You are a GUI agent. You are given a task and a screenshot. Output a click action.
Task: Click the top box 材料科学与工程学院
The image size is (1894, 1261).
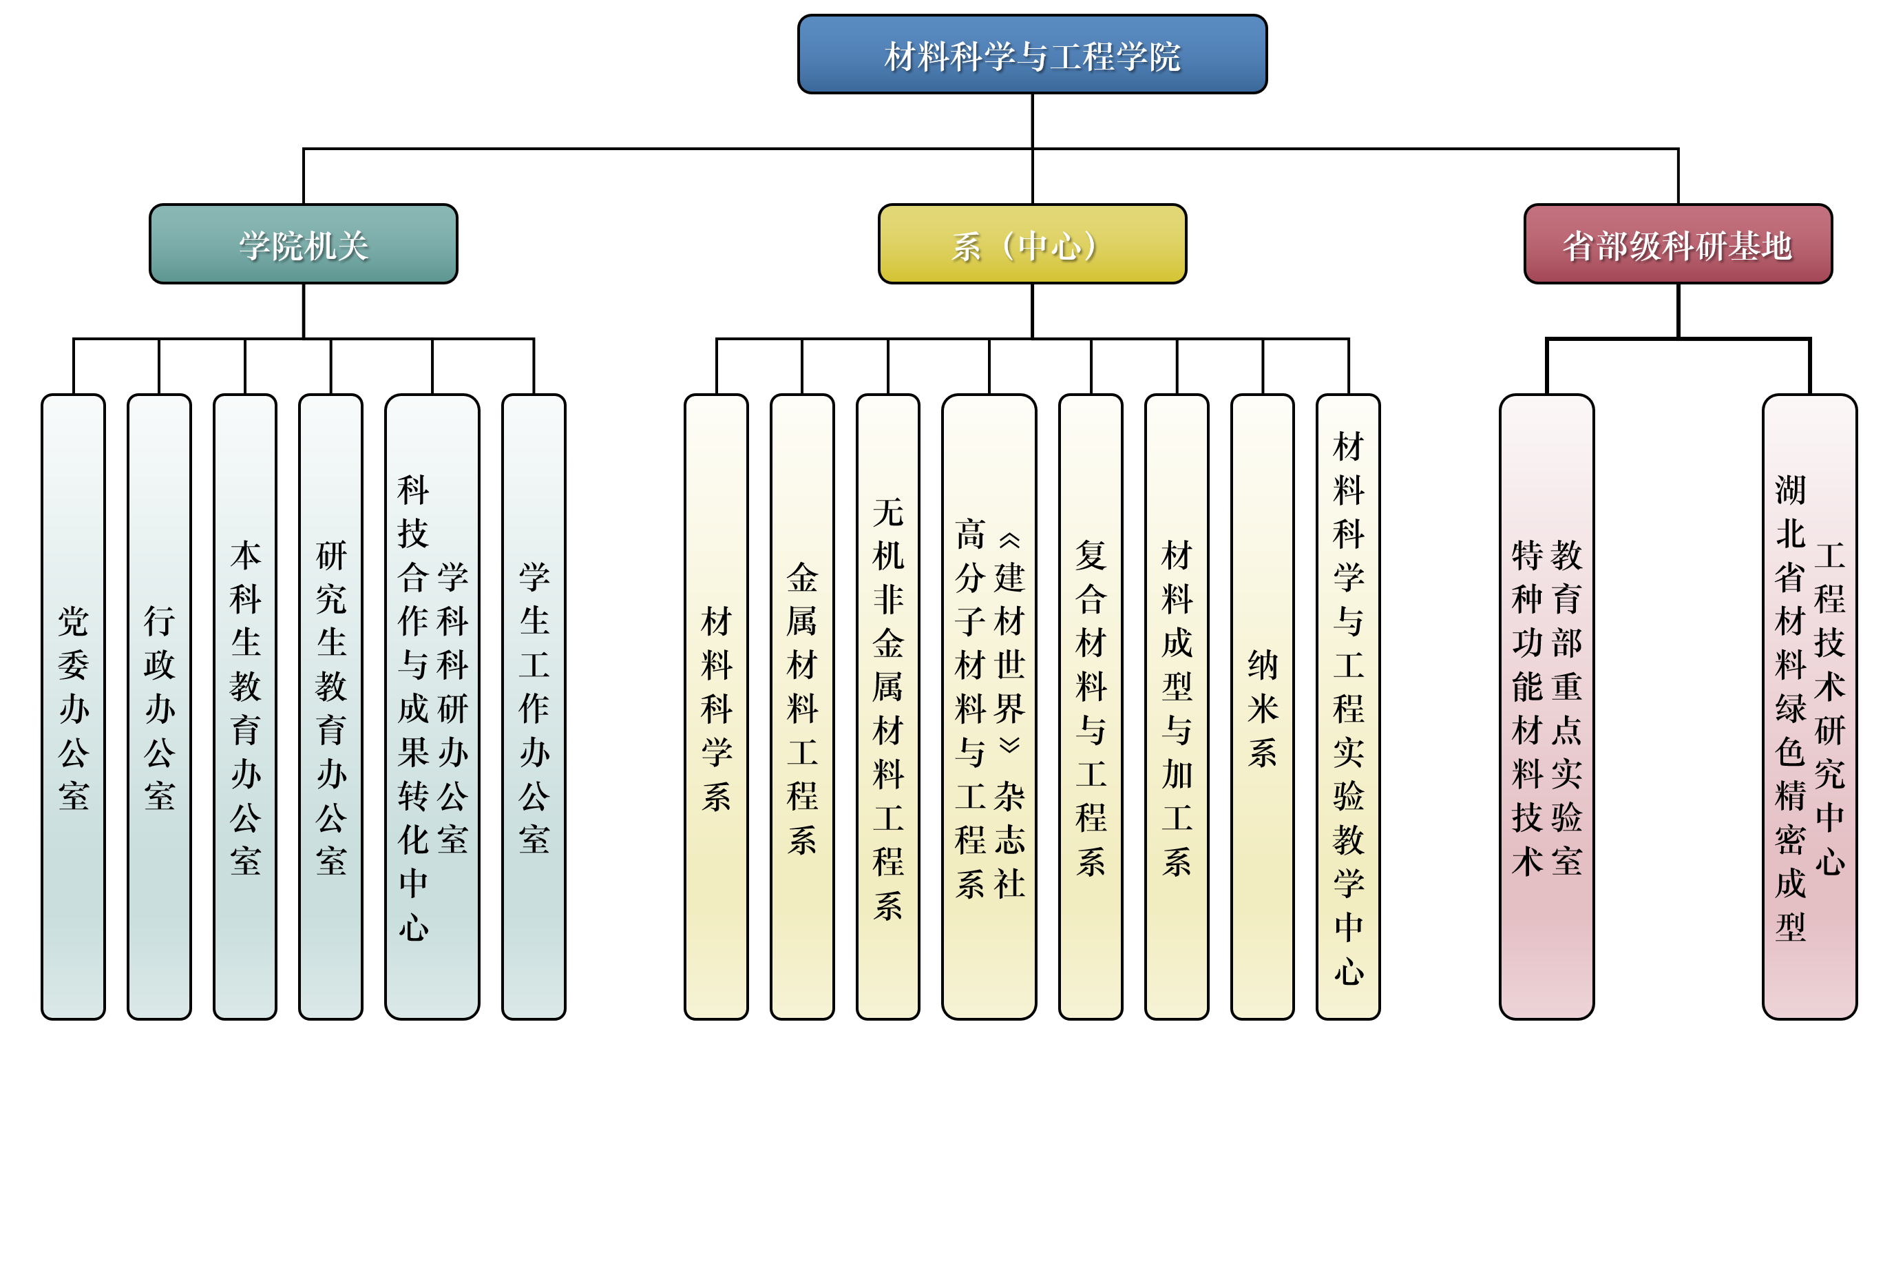[1031, 54]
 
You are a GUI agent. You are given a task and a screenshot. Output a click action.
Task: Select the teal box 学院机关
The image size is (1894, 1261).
[303, 244]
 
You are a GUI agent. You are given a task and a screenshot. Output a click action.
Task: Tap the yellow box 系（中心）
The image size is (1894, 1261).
[1031, 244]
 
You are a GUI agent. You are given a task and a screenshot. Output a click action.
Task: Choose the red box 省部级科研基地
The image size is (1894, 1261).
[1677, 244]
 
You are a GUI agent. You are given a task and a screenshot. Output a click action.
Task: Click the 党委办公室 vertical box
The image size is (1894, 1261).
[73, 708]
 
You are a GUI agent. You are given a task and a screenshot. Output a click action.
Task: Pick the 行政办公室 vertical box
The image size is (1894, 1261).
[159, 708]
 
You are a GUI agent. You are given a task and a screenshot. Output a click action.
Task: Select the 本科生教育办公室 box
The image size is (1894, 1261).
[245, 708]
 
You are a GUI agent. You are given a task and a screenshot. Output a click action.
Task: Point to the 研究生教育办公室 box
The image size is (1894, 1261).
[330, 708]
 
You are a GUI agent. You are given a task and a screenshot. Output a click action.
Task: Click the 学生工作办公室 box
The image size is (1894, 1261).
[534, 708]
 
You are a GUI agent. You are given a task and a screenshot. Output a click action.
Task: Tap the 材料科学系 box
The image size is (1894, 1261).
[715, 708]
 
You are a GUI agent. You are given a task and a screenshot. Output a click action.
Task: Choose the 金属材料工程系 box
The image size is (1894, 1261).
[801, 708]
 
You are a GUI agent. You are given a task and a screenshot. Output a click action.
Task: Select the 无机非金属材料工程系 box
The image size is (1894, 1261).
[887, 708]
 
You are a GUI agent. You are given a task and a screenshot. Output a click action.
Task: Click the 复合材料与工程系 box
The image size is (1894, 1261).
[1090, 708]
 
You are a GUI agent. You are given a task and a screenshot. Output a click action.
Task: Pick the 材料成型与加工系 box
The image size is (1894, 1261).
[1176, 708]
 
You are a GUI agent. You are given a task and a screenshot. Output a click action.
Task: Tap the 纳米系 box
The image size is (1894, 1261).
[1262, 708]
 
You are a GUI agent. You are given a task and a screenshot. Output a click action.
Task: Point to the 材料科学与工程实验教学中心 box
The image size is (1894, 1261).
[1348, 708]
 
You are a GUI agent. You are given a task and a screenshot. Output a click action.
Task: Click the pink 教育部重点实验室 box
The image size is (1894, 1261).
[1546, 708]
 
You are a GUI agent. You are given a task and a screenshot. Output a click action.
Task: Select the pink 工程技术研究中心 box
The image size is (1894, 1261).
[1809, 708]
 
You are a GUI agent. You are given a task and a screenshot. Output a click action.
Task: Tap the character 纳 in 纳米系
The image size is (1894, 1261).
[1262, 665]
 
